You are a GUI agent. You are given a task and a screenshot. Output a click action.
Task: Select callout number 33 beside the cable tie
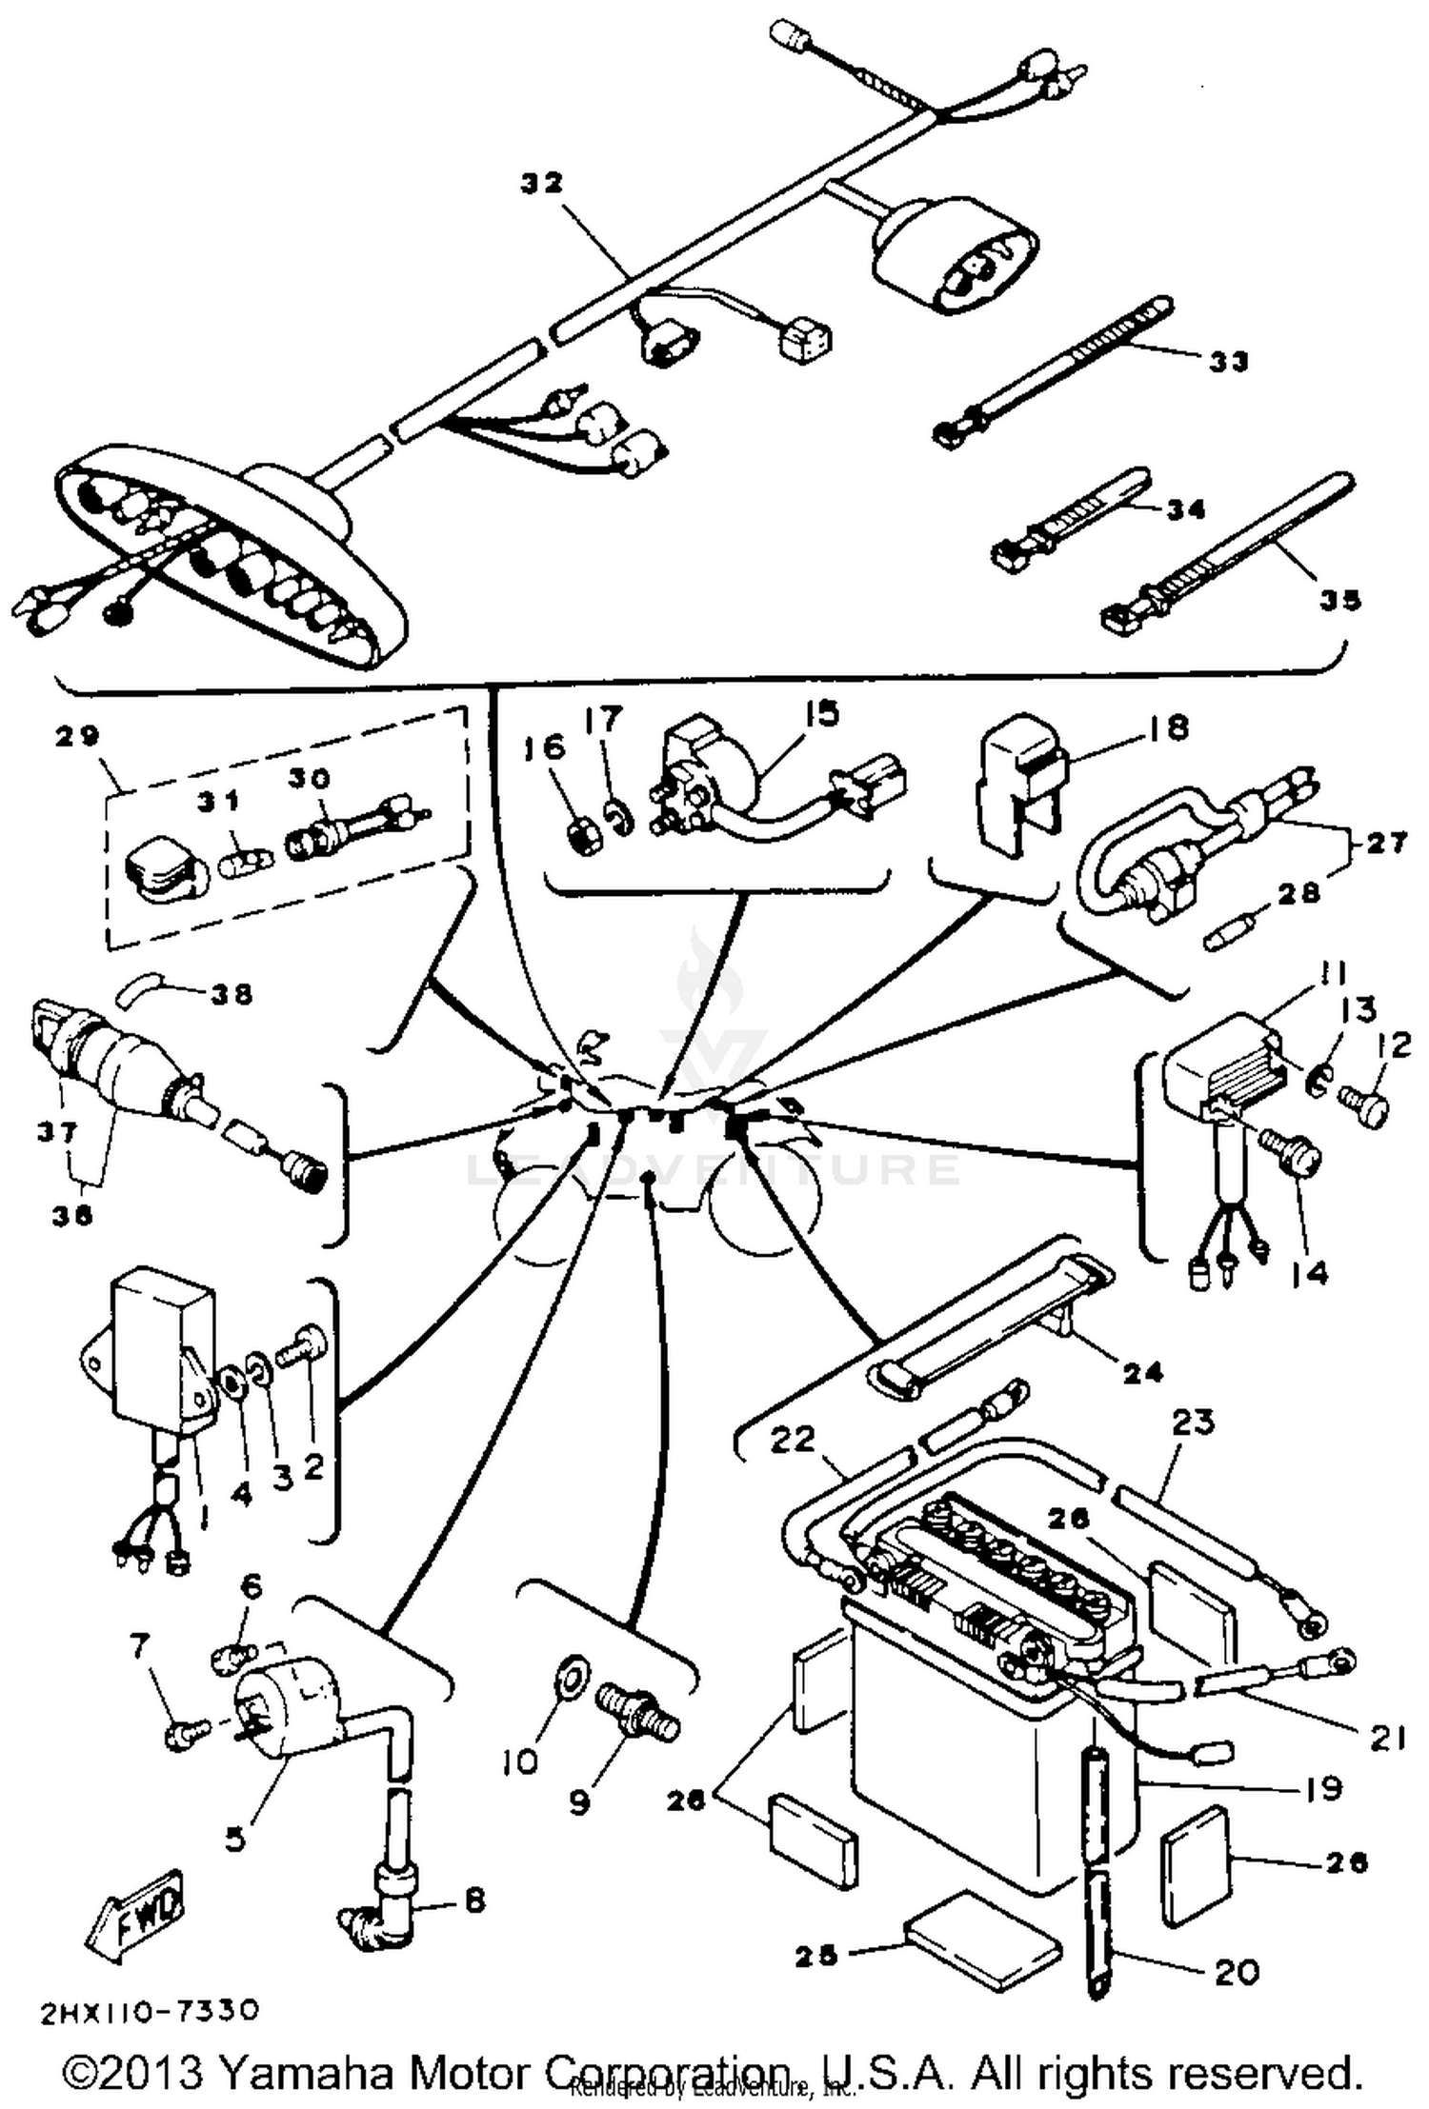1228,362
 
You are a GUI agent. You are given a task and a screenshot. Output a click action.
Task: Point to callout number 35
1340,601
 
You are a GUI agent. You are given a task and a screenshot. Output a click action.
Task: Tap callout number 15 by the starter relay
821,713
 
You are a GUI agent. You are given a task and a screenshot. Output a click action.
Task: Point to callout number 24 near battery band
1143,1372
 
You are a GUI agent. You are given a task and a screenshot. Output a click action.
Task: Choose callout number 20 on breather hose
1237,1970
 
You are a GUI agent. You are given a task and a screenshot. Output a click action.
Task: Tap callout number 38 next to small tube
231,995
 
